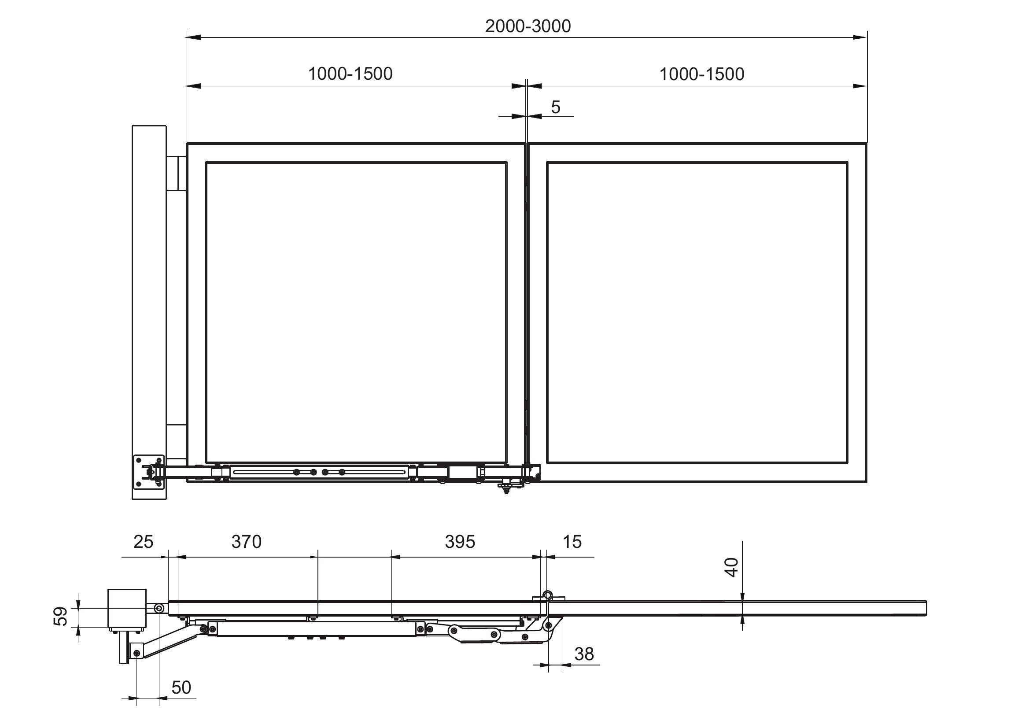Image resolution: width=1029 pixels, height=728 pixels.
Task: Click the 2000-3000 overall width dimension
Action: [528, 26]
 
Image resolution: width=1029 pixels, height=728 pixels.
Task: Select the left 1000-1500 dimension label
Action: [350, 74]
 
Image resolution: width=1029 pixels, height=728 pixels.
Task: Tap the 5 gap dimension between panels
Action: [556, 107]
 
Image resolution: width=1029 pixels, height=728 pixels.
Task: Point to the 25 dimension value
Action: [144, 542]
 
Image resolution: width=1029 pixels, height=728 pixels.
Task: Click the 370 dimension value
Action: [247, 542]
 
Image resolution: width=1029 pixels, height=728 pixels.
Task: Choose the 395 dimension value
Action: [460, 542]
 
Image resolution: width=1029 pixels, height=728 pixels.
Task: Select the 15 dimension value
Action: [572, 542]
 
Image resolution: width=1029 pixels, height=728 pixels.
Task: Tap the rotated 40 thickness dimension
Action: [731, 567]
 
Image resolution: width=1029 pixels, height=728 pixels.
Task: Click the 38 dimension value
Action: [584, 654]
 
